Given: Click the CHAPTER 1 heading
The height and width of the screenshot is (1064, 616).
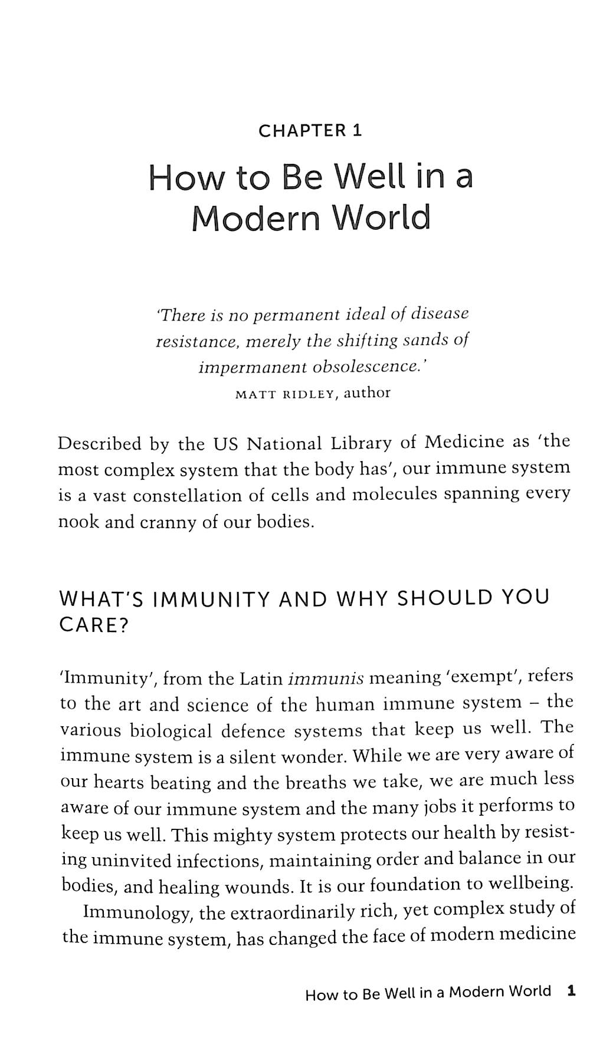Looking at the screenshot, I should [x=310, y=130].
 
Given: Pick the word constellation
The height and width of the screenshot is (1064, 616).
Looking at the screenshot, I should [x=187, y=496].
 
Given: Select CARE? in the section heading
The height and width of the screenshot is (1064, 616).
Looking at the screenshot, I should [x=94, y=625].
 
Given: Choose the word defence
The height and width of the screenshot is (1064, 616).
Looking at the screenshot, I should [x=254, y=732].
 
